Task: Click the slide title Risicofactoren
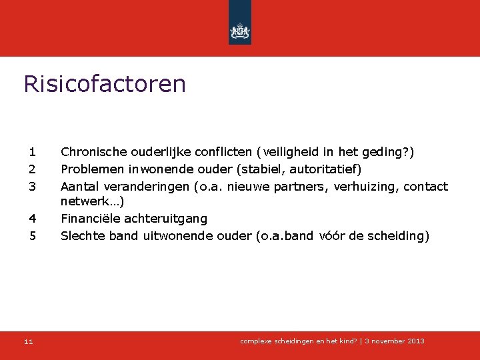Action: coord(105,85)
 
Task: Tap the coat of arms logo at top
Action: coord(240,30)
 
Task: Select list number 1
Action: coord(32,153)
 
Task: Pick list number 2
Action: coord(32,169)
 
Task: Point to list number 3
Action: coord(32,186)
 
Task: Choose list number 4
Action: coord(32,219)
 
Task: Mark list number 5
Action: coord(32,235)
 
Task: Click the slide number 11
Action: coord(28,341)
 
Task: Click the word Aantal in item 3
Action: coord(79,186)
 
